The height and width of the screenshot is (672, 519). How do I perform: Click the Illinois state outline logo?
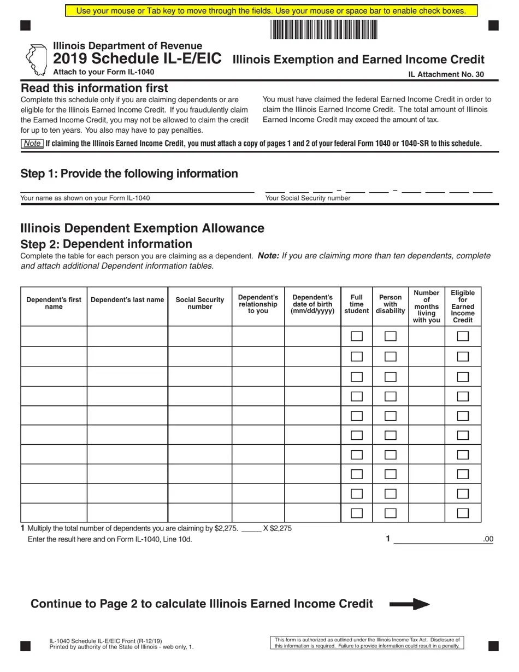click(x=36, y=60)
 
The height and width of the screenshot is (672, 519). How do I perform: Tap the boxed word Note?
click(x=32, y=144)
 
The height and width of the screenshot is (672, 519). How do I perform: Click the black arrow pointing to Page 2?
click(x=409, y=604)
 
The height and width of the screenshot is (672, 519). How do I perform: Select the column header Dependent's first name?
click(x=54, y=303)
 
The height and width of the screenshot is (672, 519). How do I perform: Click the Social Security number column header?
click(x=199, y=303)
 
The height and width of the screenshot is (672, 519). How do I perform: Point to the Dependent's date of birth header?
click(x=312, y=304)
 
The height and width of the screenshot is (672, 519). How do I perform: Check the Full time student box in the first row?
click(x=357, y=336)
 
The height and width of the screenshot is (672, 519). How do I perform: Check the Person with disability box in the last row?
click(x=390, y=513)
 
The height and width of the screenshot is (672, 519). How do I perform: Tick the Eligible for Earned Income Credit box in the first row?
click(x=463, y=336)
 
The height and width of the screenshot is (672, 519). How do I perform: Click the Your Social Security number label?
click(x=308, y=198)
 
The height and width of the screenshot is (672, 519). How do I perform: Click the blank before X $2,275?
click(x=251, y=528)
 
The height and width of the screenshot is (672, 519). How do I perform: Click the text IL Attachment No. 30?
click(x=446, y=75)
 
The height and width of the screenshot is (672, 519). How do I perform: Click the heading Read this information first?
click(x=94, y=88)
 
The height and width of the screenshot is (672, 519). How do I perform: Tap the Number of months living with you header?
click(x=426, y=306)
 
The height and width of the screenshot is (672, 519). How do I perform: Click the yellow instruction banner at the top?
click(x=271, y=11)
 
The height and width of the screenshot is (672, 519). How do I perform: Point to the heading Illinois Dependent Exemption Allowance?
click(x=142, y=228)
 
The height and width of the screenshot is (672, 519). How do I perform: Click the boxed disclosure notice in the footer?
click(x=367, y=642)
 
